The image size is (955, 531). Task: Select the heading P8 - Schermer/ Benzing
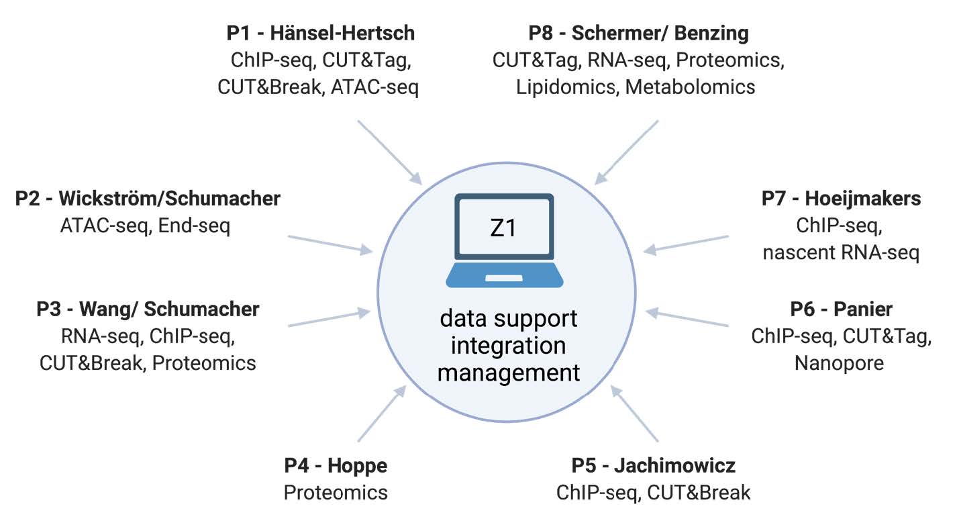click(638, 33)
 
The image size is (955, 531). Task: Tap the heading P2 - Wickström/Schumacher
click(148, 199)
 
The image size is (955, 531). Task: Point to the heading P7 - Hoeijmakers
click(841, 199)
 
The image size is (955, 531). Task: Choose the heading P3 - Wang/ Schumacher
click(148, 309)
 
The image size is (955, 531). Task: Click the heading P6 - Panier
click(841, 309)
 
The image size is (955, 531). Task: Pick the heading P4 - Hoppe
click(336, 465)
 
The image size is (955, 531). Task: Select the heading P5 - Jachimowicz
click(653, 465)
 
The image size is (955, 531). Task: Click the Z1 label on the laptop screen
click(503, 228)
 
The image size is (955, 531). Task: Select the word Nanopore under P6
click(839, 363)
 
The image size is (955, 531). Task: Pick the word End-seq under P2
click(194, 226)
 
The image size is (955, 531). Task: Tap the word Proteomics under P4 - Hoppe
click(336, 493)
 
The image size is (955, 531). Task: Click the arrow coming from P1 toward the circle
click(389, 152)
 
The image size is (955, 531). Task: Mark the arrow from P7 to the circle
click(686, 244)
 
